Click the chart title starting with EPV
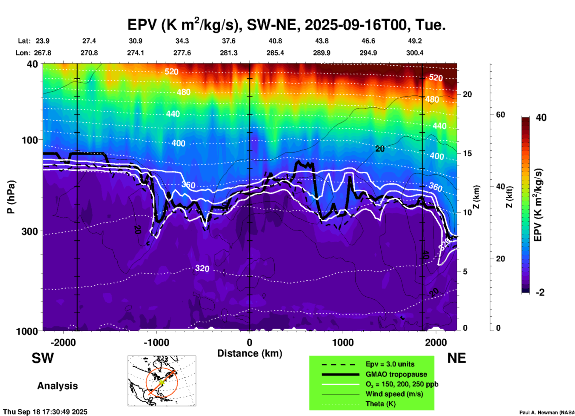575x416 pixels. click(286, 24)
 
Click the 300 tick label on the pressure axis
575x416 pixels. click(30, 231)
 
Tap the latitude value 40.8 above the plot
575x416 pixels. click(275, 41)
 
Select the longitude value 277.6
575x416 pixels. click(182, 53)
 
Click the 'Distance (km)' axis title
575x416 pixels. click(250, 353)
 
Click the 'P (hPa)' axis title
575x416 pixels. click(11, 197)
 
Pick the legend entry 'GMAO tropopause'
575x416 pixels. click(396, 374)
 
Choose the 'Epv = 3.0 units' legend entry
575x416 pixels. click(390, 364)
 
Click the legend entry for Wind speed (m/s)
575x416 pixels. click(394, 394)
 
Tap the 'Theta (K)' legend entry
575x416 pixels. click(380, 404)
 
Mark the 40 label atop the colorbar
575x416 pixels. click(541, 118)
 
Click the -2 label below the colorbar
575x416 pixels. click(540, 292)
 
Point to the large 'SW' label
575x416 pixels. click(43, 358)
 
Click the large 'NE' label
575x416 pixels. click(456, 358)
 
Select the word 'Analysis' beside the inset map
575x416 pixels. click(57, 386)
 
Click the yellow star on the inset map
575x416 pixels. click(162, 382)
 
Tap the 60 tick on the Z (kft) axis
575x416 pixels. click(500, 115)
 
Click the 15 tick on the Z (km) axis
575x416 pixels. click(467, 153)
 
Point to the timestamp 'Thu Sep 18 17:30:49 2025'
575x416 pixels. click(45, 412)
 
